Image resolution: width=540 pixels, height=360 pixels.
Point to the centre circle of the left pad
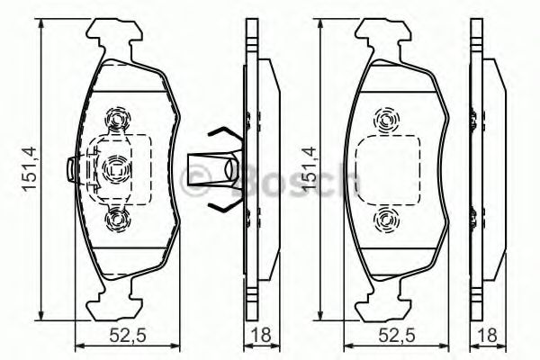115,167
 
